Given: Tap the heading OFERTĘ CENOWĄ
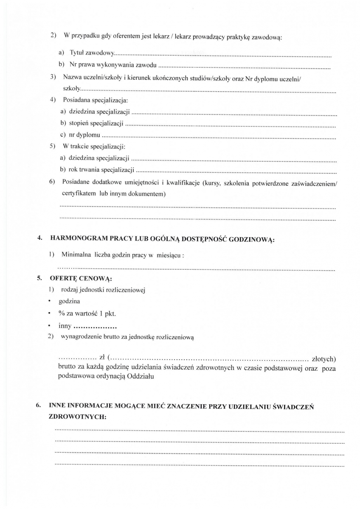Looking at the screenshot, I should [x=81, y=279].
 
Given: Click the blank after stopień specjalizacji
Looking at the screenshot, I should [x=231, y=126].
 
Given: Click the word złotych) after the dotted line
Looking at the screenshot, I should [x=323, y=360].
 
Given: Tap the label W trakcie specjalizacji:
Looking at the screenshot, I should [x=94, y=147].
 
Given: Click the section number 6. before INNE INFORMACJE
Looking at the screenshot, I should [x=39, y=406].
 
